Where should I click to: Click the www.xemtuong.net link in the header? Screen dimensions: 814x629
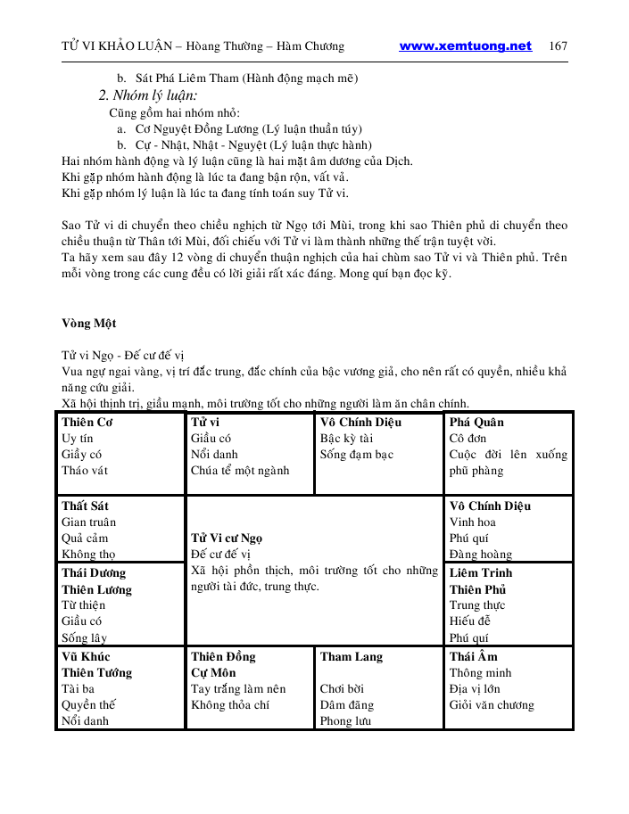tap(465, 46)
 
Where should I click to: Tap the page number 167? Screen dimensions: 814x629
tap(559, 46)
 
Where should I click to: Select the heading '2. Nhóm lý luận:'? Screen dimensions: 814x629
tap(147, 95)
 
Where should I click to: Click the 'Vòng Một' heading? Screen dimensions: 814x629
tap(88, 322)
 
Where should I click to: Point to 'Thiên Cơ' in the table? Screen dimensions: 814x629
tap(87, 422)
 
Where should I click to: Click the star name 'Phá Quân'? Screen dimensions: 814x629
tap(476, 422)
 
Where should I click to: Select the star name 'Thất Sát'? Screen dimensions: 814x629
tap(85, 506)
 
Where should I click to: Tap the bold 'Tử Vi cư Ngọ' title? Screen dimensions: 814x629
tap(227, 538)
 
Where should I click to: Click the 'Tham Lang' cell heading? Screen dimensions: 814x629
tap(351, 656)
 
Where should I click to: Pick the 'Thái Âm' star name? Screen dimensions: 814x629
tap(473, 656)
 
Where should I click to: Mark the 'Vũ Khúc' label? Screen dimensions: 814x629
tap(84, 656)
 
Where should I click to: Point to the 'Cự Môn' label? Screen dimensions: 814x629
tap(213, 672)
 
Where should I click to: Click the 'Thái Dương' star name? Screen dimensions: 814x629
tap(94, 572)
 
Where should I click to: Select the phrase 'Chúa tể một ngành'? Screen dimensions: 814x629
tap(240, 470)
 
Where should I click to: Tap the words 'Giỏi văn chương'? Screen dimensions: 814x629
tap(492, 704)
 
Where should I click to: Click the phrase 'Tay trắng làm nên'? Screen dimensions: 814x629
tap(238, 688)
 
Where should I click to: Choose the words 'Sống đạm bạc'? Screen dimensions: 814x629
tap(357, 454)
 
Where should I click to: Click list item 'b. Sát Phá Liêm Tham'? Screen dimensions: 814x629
tap(236, 78)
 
